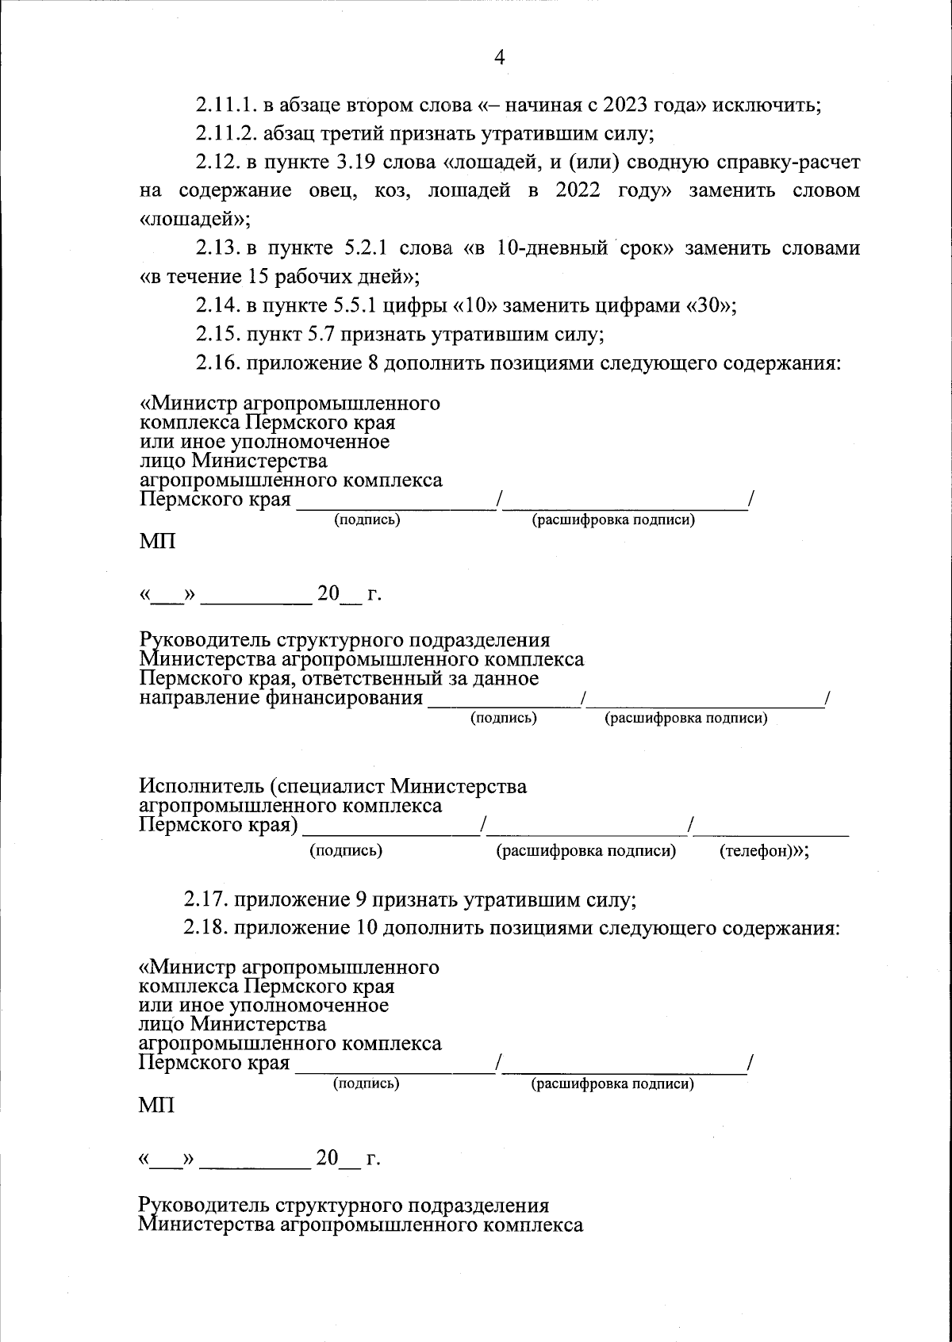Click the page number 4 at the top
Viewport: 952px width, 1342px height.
coord(499,56)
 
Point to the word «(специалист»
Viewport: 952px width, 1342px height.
coord(326,787)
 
